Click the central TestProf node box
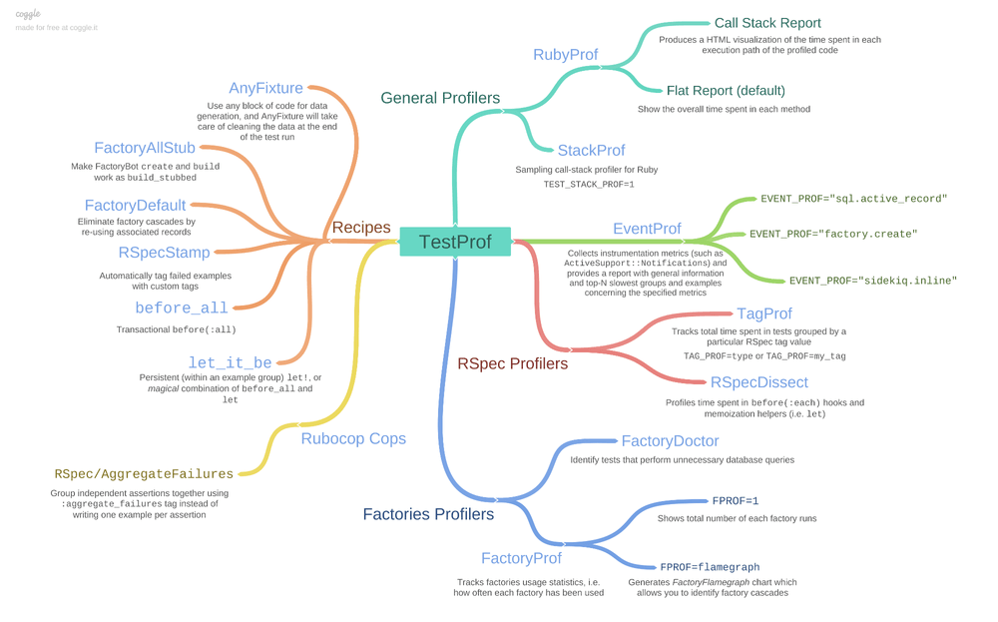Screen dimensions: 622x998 tap(455, 242)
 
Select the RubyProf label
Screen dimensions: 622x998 tap(565, 55)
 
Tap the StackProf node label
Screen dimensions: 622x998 tap(591, 151)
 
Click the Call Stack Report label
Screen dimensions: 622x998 tap(767, 23)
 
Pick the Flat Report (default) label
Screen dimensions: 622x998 tap(726, 91)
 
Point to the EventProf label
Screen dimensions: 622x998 tap(647, 229)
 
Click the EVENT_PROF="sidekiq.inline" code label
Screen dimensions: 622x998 tap(872, 282)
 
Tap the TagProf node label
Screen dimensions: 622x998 tap(763, 314)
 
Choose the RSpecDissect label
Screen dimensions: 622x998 tap(758, 382)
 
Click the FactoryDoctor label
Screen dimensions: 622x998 tap(670, 441)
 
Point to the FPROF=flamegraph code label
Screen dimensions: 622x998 tap(710, 567)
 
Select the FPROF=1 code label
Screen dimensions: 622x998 tap(736, 501)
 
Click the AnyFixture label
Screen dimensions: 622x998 tap(265, 89)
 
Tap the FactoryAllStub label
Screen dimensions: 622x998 tap(145, 149)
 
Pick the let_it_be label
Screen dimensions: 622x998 tap(230, 363)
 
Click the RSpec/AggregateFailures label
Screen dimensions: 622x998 tap(144, 474)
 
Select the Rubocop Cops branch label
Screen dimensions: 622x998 tap(353, 438)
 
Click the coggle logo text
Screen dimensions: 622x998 tap(28, 14)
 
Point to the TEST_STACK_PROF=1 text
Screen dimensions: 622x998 tap(588, 185)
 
